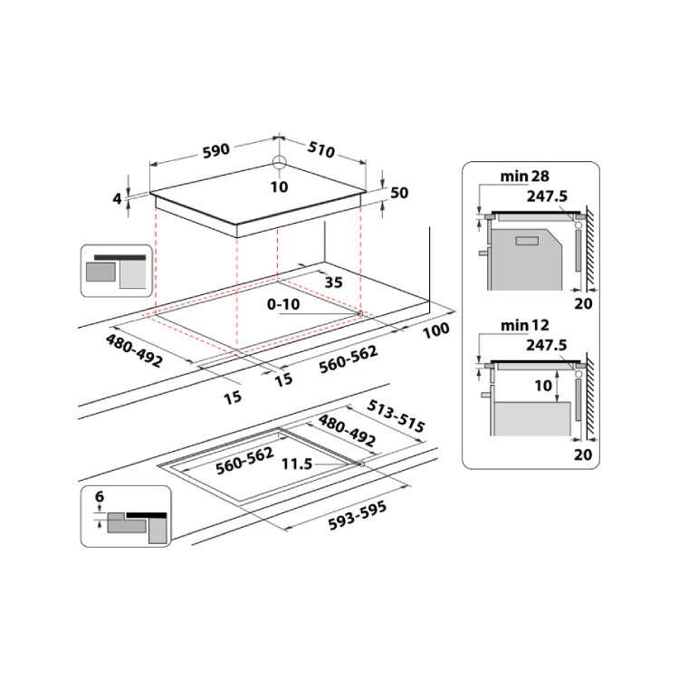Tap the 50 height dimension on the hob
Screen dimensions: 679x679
400,192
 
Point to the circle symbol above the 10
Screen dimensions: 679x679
279,164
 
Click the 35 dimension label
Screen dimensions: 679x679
333,282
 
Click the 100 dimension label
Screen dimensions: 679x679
435,330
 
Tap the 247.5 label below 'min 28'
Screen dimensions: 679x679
546,196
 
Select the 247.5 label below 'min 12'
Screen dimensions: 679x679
546,345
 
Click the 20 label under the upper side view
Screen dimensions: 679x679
584,303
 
